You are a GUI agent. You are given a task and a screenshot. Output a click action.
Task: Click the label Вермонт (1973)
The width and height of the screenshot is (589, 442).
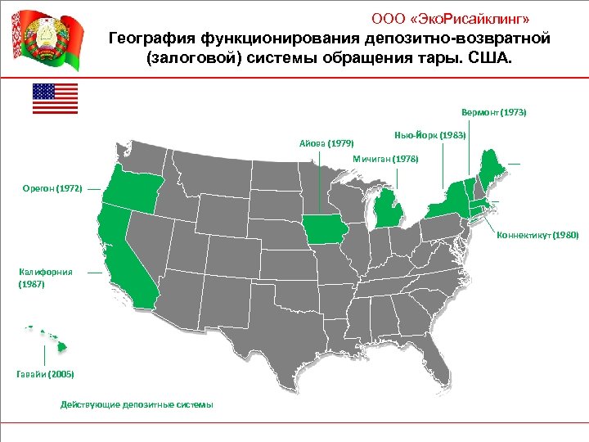(493, 111)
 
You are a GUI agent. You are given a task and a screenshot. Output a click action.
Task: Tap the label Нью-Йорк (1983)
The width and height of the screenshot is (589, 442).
(429, 133)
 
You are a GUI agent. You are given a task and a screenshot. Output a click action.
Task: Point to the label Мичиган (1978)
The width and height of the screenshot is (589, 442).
(384, 159)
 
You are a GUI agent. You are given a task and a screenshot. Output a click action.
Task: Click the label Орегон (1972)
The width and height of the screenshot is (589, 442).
(52, 188)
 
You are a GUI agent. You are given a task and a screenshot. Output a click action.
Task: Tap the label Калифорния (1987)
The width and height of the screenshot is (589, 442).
(46, 277)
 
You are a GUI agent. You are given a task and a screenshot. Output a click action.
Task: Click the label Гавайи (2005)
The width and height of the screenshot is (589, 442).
(45, 373)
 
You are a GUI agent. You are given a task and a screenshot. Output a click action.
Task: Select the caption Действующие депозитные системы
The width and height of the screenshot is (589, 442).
(137, 404)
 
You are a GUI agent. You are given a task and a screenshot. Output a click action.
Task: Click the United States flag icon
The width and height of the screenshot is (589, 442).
(55, 98)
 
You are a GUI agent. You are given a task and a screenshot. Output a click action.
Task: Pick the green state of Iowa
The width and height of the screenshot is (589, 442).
(324, 228)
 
